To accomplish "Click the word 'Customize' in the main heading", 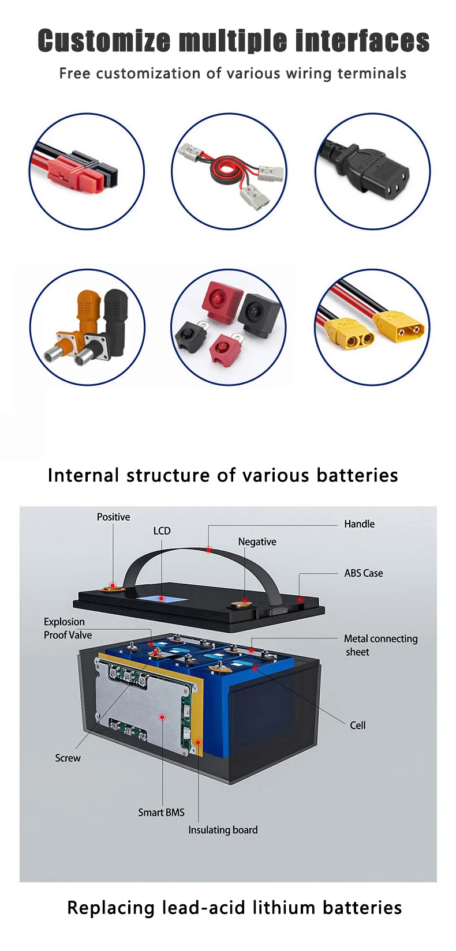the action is pyautogui.click(x=104, y=41).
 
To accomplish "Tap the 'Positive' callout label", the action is pyautogui.click(x=113, y=517).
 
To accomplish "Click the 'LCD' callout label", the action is pyautogui.click(x=162, y=531).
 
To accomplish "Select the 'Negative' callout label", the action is pyautogui.click(x=257, y=542).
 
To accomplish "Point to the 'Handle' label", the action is pyautogui.click(x=359, y=524).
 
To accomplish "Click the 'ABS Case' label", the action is pyautogui.click(x=363, y=573).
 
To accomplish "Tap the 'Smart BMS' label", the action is pyautogui.click(x=161, y=812).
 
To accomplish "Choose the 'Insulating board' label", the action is pyautogui.click(x=223, y=830).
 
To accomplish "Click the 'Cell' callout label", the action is pyautogui.click(x=358, y=725).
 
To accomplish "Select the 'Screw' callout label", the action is pyautogui.click(x=68, y=758).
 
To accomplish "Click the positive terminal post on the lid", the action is pyautogui.click(x=111, y=588).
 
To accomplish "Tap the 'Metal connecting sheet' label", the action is pyautogui.click(x=380, y=645).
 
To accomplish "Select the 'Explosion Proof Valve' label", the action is pyautogui.click(x=68, y=628).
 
